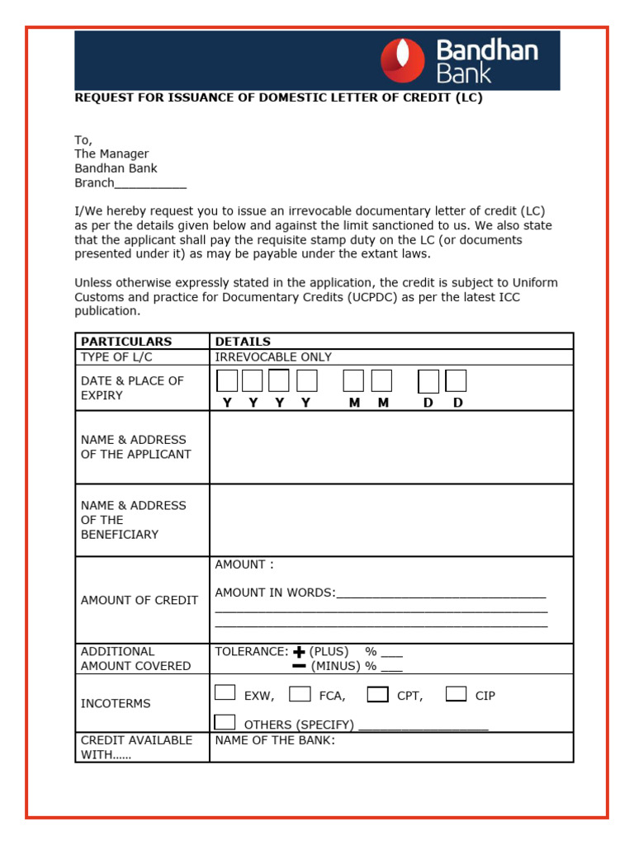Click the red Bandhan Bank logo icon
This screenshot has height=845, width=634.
click(402, 60)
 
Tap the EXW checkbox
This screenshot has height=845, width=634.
click(225, 693)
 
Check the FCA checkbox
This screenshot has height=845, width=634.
click(300, 693)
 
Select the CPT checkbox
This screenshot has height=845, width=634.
click(377, 694)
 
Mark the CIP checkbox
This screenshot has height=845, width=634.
click(456, 693)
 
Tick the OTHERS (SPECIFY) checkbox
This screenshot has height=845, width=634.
click(225, 722)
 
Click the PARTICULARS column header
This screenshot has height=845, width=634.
click(126, 341)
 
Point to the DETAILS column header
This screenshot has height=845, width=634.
click(243, 341)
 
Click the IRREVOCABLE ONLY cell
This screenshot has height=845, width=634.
click(273, 357)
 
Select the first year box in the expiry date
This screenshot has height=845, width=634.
click(227, 380)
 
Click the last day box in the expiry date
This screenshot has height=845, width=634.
click(456, 380)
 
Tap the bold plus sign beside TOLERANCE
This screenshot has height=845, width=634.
click(299, 652)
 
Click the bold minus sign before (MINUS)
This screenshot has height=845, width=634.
click(299, 666)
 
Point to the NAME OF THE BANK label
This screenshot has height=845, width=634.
click(275, 740)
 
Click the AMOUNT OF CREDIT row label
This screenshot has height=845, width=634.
click(140, 600)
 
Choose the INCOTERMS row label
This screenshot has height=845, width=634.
click(116, 704)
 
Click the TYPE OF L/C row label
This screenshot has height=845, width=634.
click(116, 357)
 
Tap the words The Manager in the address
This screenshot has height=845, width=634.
click(111, 154)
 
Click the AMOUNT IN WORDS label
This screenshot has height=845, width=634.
click(275, 592)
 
